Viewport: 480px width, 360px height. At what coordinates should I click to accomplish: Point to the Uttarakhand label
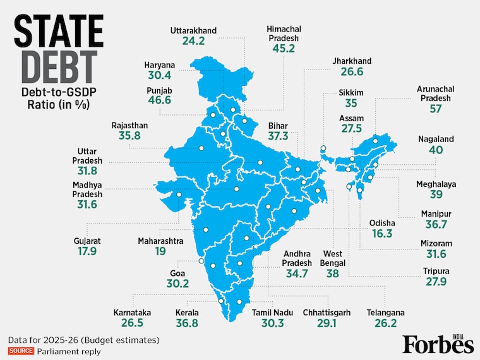tap(194, 30)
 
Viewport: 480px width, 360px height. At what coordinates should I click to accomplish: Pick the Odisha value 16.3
tap(382, 234)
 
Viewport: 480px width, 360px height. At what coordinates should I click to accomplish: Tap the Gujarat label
tap(87, 241)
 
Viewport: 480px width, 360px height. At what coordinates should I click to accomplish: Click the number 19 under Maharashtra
tap(160, 251)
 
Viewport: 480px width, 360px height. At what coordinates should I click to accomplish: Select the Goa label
tap(177, 273)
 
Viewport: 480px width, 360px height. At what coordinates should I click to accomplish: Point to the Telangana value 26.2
tap(386, 323)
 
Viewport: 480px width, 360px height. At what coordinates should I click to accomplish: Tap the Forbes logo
tap(438, 343)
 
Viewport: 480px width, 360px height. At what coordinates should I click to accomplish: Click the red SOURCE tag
tap(21, 351)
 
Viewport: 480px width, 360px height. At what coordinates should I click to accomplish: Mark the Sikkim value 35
tap(351, 103)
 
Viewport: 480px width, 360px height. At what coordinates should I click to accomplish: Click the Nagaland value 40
tap(436, 150)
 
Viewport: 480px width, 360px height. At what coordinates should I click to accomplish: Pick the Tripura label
tap(435, 270)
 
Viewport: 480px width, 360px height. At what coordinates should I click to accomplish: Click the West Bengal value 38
tap(333, 273)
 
